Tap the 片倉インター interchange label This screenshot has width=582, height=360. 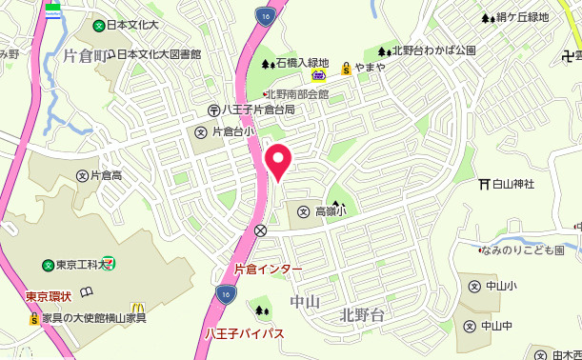coord(268,270)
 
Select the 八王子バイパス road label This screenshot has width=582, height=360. coord(245,332)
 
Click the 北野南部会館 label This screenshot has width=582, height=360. coord(296,94)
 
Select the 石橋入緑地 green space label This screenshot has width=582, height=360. coord(303,64)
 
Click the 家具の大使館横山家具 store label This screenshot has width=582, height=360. coord(93,317)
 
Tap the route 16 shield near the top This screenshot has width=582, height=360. coord(264,15)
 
